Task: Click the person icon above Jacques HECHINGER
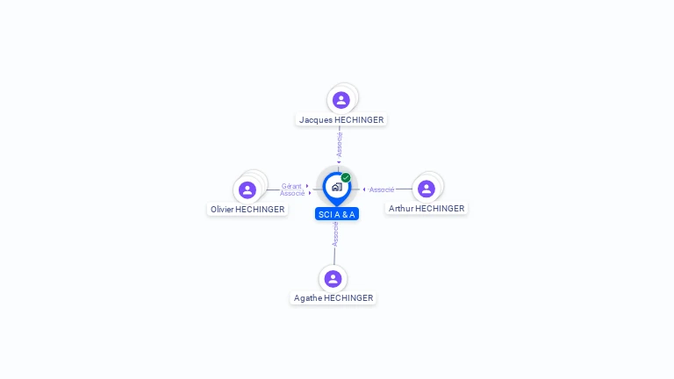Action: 341,100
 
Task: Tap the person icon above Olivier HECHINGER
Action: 247,189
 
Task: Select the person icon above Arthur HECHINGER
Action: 427,189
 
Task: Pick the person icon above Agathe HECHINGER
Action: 333,279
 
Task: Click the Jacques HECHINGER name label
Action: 341,120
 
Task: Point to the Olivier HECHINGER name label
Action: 247,210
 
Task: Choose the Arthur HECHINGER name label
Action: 427,209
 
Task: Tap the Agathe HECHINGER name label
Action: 333,297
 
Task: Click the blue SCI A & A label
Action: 337,214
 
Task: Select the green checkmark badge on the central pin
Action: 346,177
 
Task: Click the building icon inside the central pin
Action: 337,187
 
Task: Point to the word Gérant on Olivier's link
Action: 291,186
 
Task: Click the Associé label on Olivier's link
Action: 292,193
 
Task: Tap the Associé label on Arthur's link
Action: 382,189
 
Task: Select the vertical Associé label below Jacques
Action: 339,145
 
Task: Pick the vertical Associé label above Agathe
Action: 335,234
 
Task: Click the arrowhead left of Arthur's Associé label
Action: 364,189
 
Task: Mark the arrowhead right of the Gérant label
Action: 307,186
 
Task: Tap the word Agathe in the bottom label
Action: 308,297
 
